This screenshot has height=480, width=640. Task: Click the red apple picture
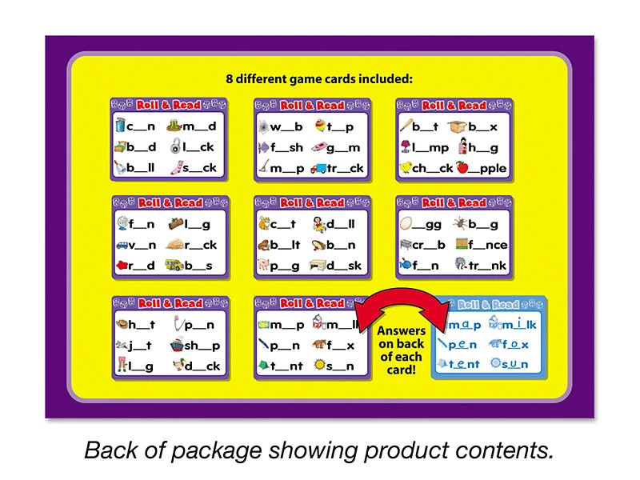(x=462, y=167)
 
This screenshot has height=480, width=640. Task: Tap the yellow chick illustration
(x=406, y=167)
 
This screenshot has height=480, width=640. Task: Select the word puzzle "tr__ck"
(x=345, y=168)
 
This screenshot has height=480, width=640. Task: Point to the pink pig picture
(x=264, y=265)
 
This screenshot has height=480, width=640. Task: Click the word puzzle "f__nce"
(x=488, y=245)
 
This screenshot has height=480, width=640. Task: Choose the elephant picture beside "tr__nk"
(x=461, y=265)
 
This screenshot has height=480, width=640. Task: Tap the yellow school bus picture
(x=174, y=265)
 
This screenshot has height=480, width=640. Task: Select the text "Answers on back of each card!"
(x=402, y=350)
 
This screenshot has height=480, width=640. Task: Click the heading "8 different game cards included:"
(x=319, y=78)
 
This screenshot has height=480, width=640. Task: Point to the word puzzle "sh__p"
(x=202, y=346)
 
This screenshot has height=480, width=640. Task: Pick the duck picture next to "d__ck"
(x=178, y=365)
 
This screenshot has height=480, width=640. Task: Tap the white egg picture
(x=406, y=223)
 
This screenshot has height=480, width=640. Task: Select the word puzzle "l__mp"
(x=430, y=147)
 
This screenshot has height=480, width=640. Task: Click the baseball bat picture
(x=406, y=125)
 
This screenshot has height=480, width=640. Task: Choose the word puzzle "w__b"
(x=286, y=126)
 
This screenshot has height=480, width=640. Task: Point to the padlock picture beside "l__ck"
(x=175, y=146)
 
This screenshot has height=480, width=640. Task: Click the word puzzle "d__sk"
(x=344, y=266)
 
